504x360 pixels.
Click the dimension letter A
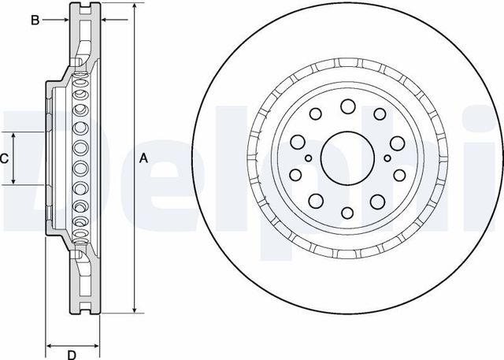pos(143,158)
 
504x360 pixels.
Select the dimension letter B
pos(35,20)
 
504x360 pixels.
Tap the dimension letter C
pos(4,158)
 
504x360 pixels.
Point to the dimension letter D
pos(72,354)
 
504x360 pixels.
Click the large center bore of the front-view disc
pos(347,158)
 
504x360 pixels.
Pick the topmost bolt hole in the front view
pos(348,106)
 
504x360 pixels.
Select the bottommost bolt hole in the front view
pos(347,213)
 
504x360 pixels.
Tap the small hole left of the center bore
pos(308,158)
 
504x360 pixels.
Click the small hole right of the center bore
pos(387,158)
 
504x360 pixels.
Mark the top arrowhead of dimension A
pos(135,6)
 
